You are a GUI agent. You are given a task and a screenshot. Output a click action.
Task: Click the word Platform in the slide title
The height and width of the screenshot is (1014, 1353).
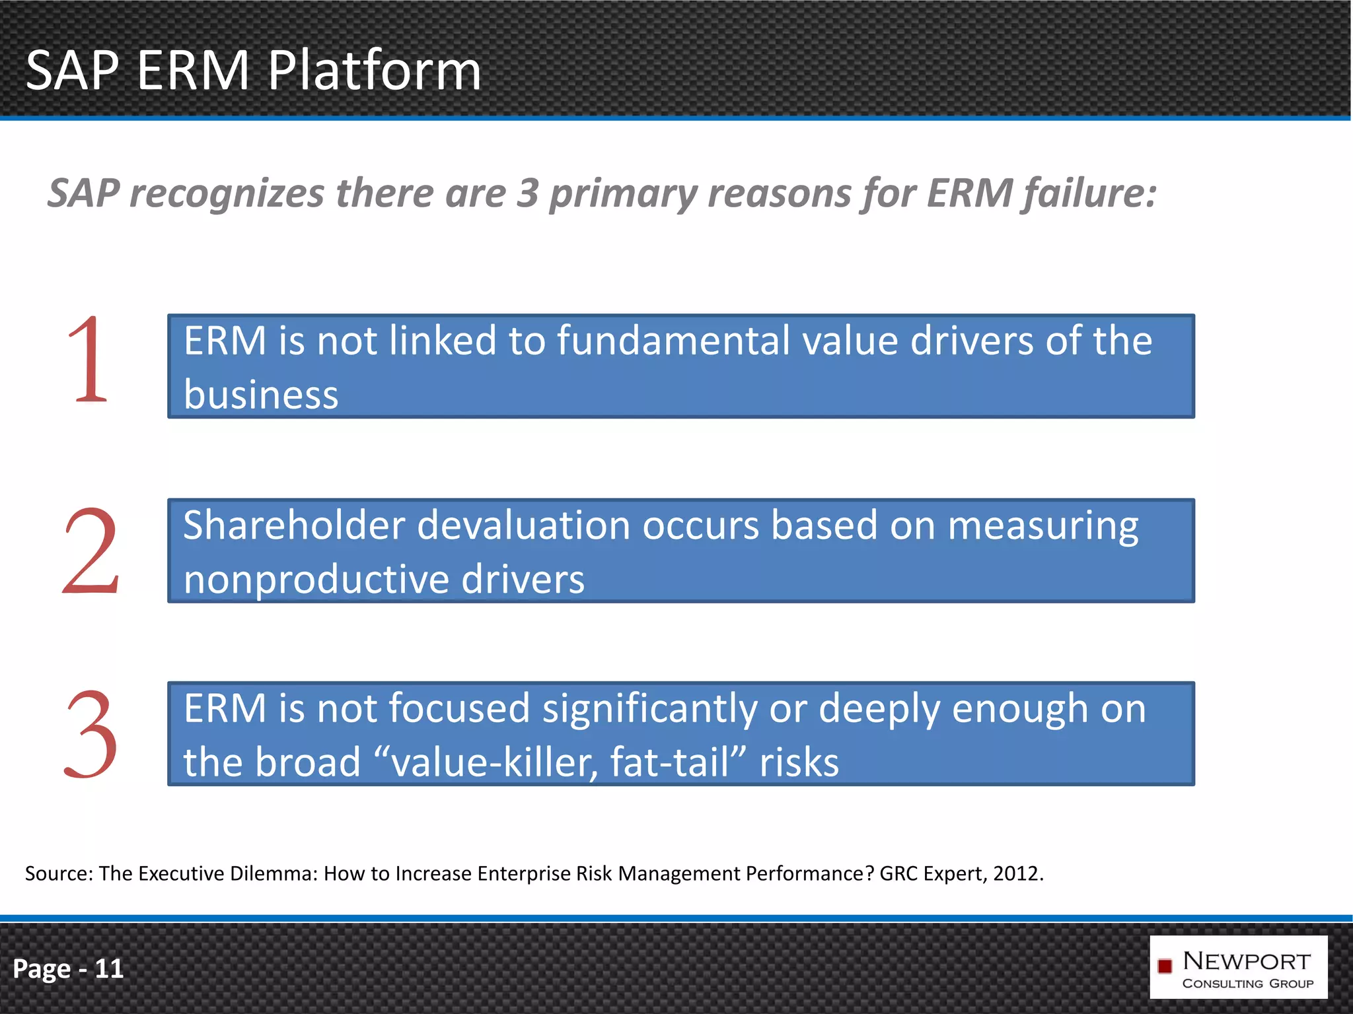click(374, 71)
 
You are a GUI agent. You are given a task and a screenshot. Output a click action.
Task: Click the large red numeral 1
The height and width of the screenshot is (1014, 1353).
click(89, 360)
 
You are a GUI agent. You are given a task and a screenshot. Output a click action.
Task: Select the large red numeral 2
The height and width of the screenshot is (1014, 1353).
click(91, 551)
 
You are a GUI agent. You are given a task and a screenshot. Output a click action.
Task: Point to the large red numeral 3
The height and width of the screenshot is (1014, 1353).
click(91, 734)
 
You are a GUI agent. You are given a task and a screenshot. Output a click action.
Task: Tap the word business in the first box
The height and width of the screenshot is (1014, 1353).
click(261, 395)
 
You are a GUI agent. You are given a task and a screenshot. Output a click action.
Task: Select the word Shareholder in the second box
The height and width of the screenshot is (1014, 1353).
click(293, 525)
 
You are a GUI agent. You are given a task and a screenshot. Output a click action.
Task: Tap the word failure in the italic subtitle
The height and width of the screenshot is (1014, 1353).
click(1087, 193)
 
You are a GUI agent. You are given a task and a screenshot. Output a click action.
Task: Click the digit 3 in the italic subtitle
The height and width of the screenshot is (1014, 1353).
click(527, 193)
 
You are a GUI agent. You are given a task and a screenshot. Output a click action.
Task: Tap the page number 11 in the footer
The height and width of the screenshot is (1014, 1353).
click(109, 968)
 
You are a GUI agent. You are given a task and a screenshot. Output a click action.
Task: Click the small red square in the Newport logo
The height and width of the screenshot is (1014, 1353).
click(1165, 966)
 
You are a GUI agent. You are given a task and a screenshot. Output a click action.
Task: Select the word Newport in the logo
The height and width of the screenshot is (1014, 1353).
click(1247, 961)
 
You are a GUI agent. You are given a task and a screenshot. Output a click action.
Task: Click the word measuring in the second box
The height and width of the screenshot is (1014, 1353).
click(1044, 527)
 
